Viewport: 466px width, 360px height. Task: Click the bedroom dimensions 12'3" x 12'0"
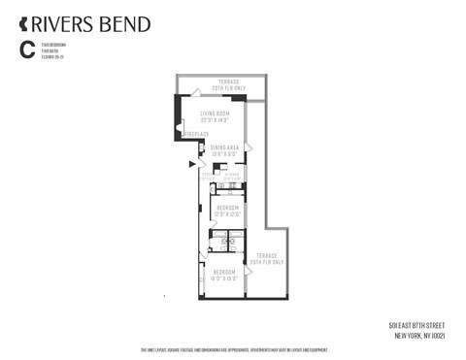click(227, 213)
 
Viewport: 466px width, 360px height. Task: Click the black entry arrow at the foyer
click(191, 165)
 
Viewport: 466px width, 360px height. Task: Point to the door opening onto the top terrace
click(197, 93)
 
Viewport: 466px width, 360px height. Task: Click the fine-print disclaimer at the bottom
click(233, 350)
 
